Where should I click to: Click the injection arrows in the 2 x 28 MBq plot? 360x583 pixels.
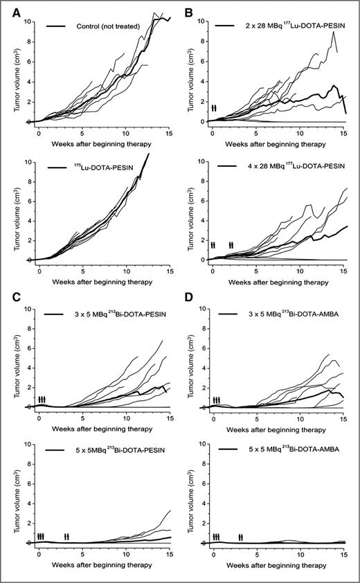coord(214,107)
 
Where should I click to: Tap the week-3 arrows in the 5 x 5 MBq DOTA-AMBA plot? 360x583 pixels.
coord(240,537)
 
